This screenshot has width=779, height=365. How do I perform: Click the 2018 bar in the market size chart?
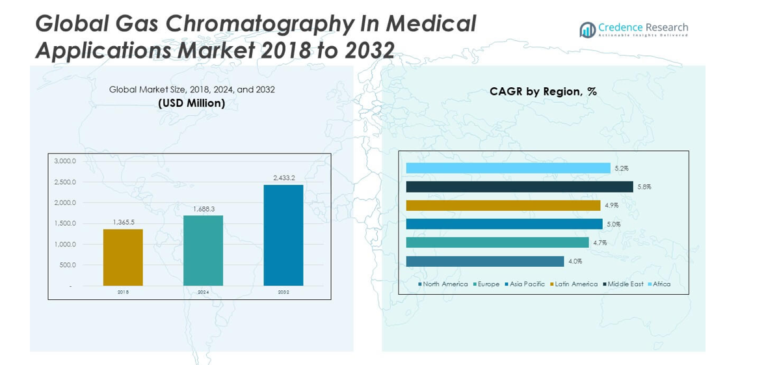123,257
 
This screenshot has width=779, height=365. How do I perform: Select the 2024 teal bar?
203,250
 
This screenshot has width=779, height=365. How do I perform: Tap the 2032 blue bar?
284,235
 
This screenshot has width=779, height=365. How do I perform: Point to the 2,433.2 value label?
284,178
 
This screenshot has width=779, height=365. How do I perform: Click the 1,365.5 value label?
123,222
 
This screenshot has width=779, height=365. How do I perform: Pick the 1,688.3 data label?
203,209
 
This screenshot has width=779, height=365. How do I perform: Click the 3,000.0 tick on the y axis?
64,161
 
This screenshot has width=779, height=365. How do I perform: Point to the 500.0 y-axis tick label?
67,265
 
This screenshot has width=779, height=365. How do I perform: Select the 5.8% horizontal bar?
519,187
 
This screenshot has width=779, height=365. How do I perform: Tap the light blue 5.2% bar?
508,168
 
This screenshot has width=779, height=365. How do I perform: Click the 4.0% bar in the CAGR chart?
484,262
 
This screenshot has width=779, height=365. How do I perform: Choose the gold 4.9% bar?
503,206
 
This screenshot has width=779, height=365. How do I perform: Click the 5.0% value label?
613,224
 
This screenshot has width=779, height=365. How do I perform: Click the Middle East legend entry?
625,284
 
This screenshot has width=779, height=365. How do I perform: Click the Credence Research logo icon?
588,29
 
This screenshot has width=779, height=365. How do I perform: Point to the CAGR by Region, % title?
543,92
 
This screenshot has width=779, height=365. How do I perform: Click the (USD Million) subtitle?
191,103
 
